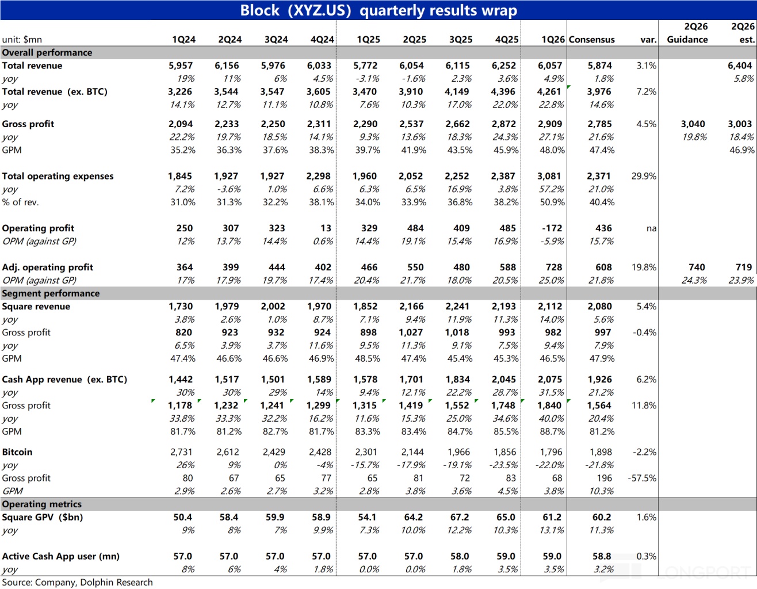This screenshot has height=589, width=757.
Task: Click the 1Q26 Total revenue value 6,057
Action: click(549, 66)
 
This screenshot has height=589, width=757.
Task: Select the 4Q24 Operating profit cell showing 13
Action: click(326, 228)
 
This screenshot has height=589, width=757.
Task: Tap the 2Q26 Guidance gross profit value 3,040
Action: click(693, 124)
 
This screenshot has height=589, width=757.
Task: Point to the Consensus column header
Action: click(591, 39)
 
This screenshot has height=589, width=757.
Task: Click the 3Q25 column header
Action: click(461, 39)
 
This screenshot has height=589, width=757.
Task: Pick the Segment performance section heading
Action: click(51, 293)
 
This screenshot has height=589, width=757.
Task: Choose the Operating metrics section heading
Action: click(42, 504)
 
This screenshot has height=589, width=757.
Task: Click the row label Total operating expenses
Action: click(58, 176)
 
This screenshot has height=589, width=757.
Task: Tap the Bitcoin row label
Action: click(17, 452)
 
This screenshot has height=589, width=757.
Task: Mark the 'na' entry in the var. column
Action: click(651, 228)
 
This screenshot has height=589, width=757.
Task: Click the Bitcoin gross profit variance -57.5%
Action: click(642, 478)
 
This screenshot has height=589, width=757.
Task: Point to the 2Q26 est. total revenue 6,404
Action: click(740, 66)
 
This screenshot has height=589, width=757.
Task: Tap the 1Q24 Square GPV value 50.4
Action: click(182, 517)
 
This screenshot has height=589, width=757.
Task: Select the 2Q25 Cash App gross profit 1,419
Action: click(411, 406)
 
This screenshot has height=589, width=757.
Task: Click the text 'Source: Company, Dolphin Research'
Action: click(77, 582)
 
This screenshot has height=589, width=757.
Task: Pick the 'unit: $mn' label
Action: click(22, 39)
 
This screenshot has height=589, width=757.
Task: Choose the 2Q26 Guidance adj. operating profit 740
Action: click(697, 267)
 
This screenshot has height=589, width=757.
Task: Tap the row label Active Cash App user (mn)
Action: click(60, 556)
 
